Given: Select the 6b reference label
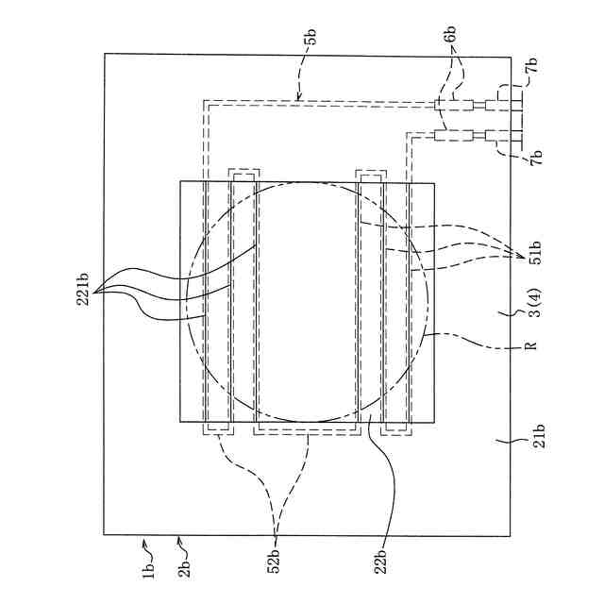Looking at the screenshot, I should point(450,33).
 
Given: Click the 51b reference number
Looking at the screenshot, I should point(535,261).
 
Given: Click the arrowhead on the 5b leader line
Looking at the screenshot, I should point(298,96).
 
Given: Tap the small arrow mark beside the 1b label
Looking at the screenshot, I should point(144,543).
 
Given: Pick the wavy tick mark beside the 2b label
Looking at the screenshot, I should point(181,543).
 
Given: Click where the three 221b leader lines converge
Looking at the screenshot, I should point(102,290).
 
